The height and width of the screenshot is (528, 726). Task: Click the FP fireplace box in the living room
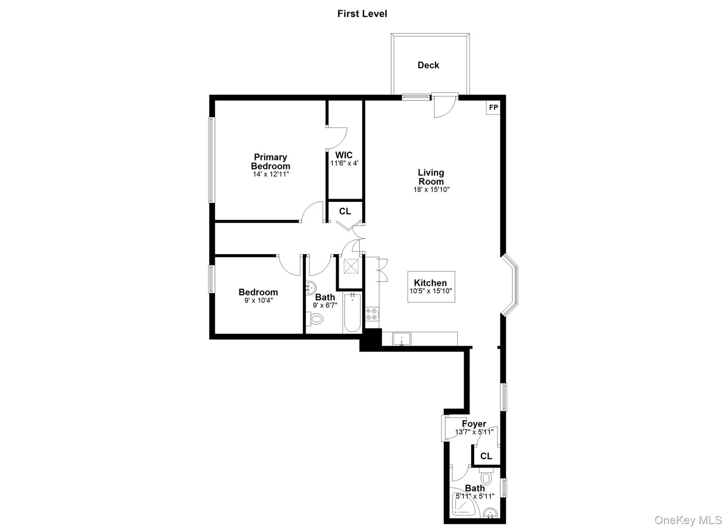click(x=493, y=107)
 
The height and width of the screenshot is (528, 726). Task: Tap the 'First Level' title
click(x=362, y=14)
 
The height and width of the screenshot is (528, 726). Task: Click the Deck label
click(x=428, y=65)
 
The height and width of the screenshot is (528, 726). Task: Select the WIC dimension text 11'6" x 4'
click(x=344, y=163)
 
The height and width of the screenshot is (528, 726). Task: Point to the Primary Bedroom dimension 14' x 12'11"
click(x=271, y=174)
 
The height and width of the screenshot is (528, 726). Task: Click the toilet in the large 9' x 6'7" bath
click(x=315, y=319)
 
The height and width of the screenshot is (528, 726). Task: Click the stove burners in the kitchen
click(x=372, y=314)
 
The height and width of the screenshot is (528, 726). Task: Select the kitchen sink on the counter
click(x=401, y=339)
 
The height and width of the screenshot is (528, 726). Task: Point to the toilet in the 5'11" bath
click(x=486, y=477)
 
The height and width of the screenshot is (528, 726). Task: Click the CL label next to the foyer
click(x=486, y=456)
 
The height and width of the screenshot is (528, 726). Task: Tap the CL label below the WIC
click(x=345, y=211)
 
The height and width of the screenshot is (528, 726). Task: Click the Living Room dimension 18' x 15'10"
click(x=431, y=190)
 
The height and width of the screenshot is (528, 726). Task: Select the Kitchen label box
click(x=431, y=287)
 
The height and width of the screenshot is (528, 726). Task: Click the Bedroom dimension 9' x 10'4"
click(x=258, y=301)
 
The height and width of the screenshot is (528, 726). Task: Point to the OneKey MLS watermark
click(x=688, y=520)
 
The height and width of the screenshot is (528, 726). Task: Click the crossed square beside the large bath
click(x=351, y=266)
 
